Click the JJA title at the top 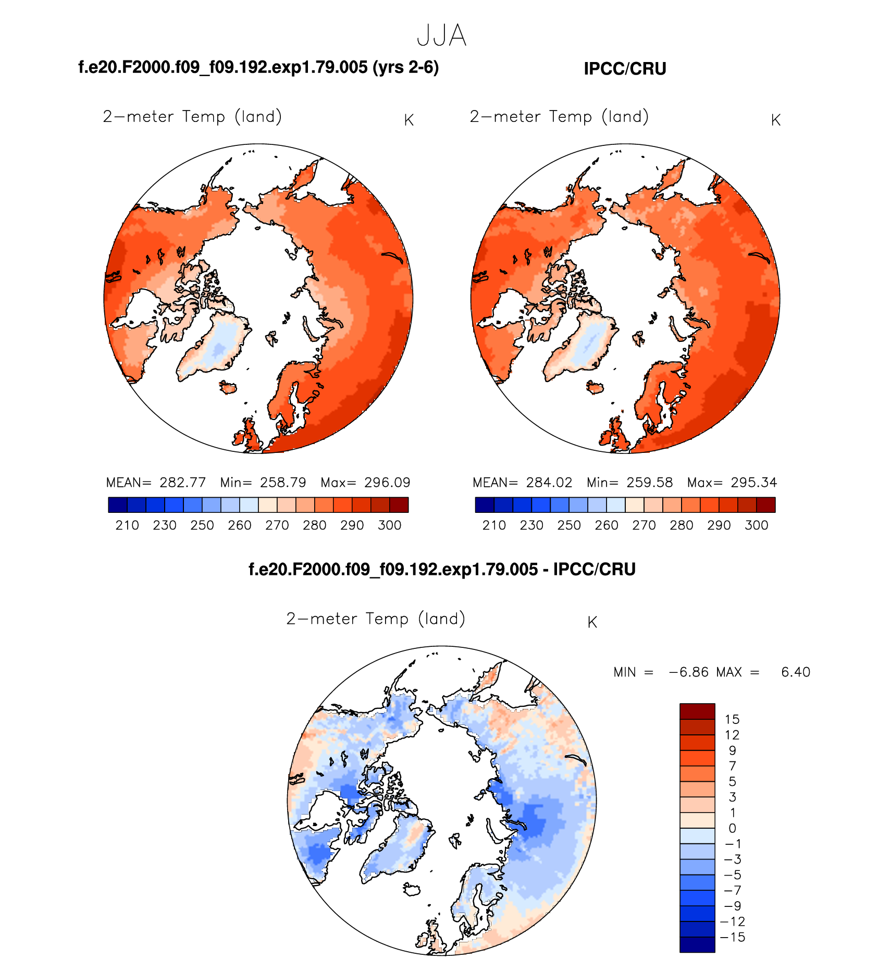pyautogui.click(x=441, y=35)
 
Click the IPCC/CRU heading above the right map pyautogui.click(x=625, y=69)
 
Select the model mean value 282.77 pyautogui.click(x=182, y=483)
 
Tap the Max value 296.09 pyautogui.click(x=387, y=483)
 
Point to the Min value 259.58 pyautogui.click(x=649, y=483)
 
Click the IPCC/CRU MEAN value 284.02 pyautogui.click(x=549, y=483)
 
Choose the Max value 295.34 pyautogui.click(x=753, y=483)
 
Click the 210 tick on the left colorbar pyautogui.click(x=127, y=525)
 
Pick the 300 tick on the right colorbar pyautogui.click(x=756, y=525)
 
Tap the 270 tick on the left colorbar pyautogui.click(x=277, y=525)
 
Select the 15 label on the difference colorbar pyautogui.click(x=732, y=720)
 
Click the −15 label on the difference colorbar pyautogui.click(x=732, y=937)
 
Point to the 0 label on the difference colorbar pyautogui.click(x=732, y=828)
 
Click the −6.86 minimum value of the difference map pyautogui.click(x=688, y=672)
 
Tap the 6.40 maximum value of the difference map pyautogui.click(x=796, y=672)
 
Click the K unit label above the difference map pyautogui.click(x=592, y=622)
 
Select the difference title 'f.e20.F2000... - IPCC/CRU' pyautogui.click(x=442, y=569)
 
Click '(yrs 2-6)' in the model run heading pyautogui.click(x=405, y=67)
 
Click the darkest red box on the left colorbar pyautogui.click(x=399, y=505)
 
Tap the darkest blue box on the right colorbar pyautogui.click(x=485, y=505)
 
